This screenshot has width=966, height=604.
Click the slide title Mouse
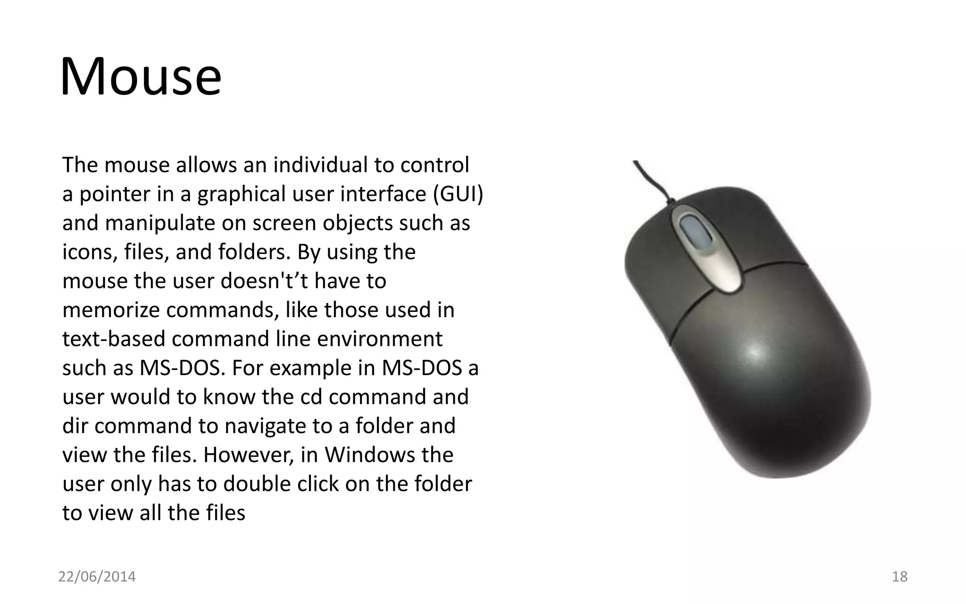[x=141, y=77]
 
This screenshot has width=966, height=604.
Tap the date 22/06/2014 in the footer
[x=97, y=576]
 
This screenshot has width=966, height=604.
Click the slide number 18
[x=899, y=576]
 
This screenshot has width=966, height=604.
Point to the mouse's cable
[x=653, y=181]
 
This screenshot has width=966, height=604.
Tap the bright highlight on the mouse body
[x=755, y=352]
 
